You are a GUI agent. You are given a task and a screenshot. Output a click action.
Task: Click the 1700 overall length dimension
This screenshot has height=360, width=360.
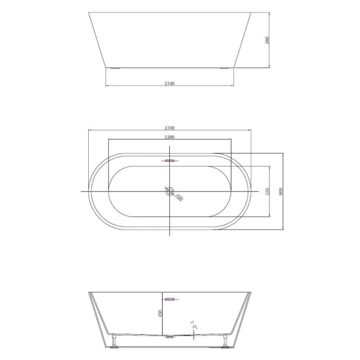169,128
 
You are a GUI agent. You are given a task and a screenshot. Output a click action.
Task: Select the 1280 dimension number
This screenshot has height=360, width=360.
169,137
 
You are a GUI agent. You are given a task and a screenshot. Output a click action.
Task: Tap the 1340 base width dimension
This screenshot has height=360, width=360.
169,83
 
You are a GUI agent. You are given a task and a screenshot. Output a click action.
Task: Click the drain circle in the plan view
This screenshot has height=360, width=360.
170,192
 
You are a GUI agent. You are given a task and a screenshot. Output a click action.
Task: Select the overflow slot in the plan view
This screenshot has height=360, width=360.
170,161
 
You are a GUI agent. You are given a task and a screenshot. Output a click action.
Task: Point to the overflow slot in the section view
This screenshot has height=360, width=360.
170,298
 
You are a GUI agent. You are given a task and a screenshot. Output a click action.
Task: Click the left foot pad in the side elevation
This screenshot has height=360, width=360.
114,68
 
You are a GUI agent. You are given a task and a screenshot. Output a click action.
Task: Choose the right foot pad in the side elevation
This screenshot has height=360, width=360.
224,68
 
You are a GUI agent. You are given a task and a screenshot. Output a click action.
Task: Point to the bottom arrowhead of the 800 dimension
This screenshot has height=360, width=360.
282,229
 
